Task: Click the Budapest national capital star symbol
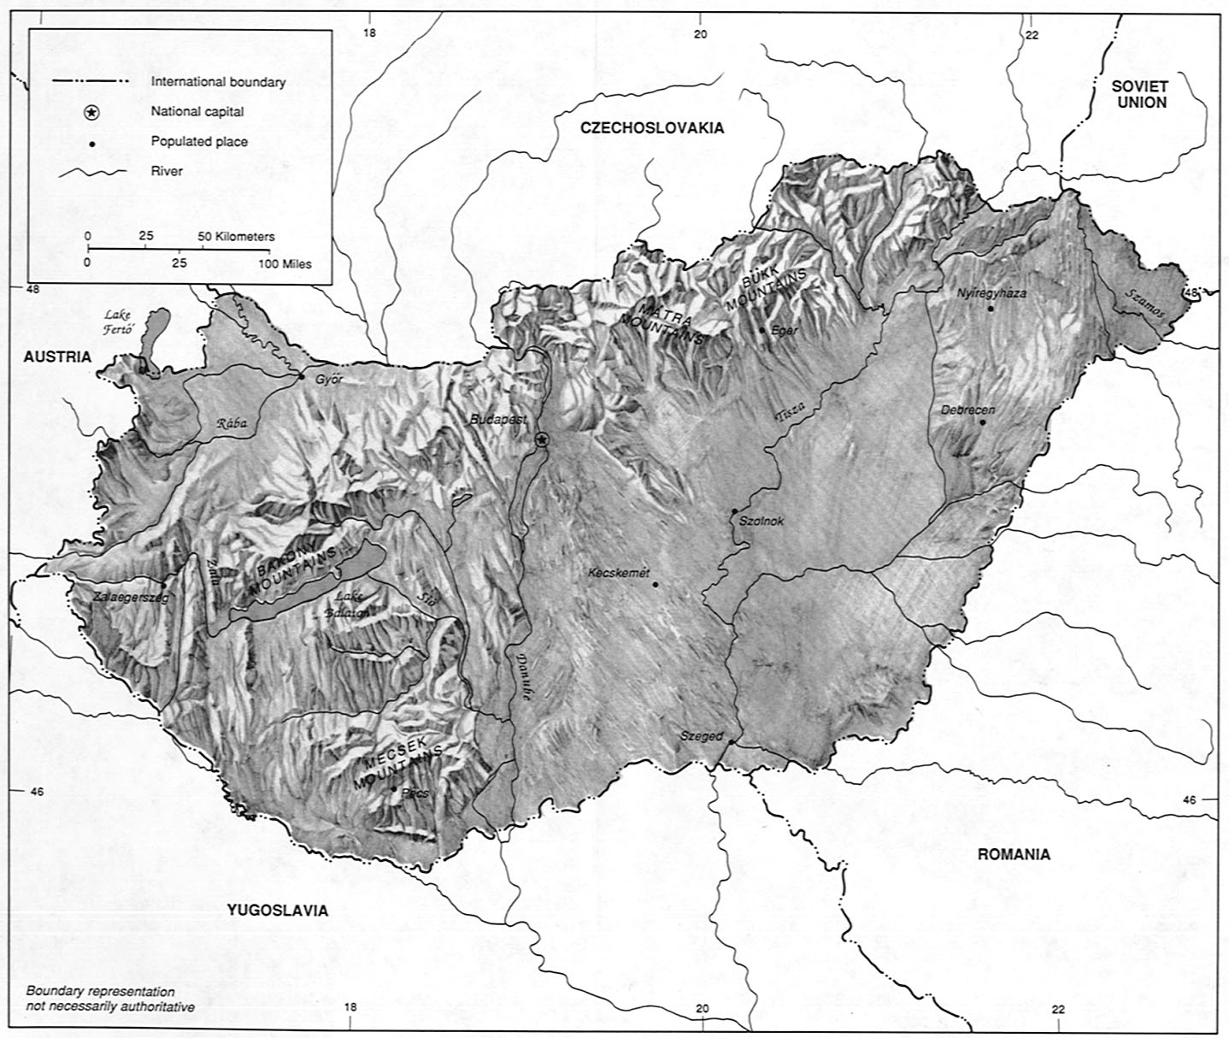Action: pyautogui.click(x=541, y=439)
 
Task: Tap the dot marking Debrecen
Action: pyautogui.click(x=984, y=422)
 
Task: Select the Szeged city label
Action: pyautogui.click(x=701, y=736)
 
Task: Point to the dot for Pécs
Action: pyautogui.click(x=394, y=788)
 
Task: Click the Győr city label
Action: pyautogui.click(x=328, y=380)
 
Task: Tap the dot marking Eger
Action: pyautogui.click(x=762, y=330)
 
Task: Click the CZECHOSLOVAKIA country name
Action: pyautogui.click(x=651, y=128)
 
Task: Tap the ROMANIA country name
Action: pyautogui.click(x=1014, y=854)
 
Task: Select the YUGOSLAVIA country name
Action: pyautogui.click(x=278, y=911)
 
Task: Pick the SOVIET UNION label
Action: pyautogui.click(x=1138, y=93)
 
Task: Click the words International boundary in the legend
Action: pyautogui.click(x=218, y=83)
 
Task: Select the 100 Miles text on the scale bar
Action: pyautogui.click(x=285, y=264)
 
